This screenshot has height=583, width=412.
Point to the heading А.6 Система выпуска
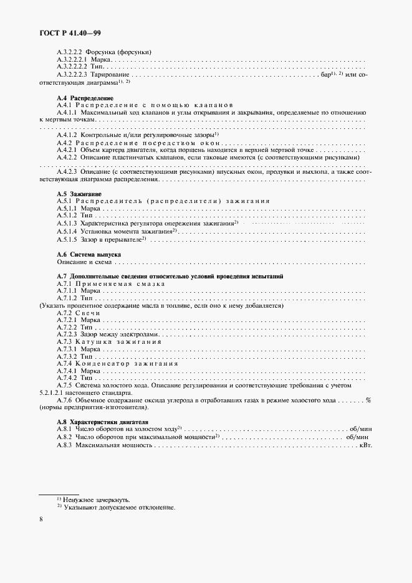point(89,255)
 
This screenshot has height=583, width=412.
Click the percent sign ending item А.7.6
point(368,400)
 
